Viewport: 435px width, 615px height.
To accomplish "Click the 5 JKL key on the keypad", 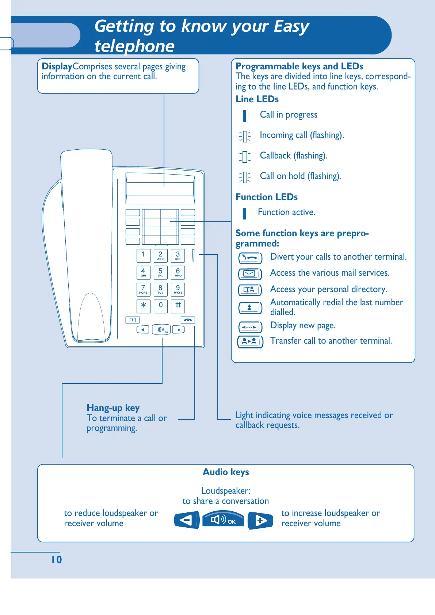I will click(x=160, y=272).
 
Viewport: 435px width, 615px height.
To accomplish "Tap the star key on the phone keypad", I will click(x=143, y=306).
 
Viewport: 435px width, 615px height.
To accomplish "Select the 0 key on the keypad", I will click(x=160, y=306).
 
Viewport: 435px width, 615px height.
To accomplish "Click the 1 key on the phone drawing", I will click(x=143, y=255).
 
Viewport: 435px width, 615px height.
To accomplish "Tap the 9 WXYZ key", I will click(x=178, y=289).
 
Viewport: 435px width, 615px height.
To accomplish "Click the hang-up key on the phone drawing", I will click(x=188, y=320).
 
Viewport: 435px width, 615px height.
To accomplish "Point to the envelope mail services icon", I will click(x=250, y=274).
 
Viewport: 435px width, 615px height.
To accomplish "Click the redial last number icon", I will click(x=250, y=307).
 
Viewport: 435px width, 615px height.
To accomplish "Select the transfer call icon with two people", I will click(x=250, y=341).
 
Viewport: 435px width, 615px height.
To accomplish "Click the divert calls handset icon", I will click(x=250, y=258).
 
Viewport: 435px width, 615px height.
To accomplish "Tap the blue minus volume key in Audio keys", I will click(x=187, y=520).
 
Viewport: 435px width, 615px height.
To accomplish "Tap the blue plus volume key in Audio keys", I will click(x=260, y=520).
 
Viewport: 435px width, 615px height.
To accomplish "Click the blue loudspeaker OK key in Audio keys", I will click(x=223, y=519).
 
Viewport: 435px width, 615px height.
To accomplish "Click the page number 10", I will click(x=57, y=559).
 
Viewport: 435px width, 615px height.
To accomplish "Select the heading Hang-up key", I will click(x=113, y=408).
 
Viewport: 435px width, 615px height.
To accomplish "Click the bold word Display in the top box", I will click(x=57, y=66).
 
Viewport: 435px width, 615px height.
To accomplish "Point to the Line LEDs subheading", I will click(x=257, y=99).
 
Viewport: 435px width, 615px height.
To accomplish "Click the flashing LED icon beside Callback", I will click(x=245, y=157).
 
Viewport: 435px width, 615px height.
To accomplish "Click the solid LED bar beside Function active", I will click(x=244, y=213).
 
